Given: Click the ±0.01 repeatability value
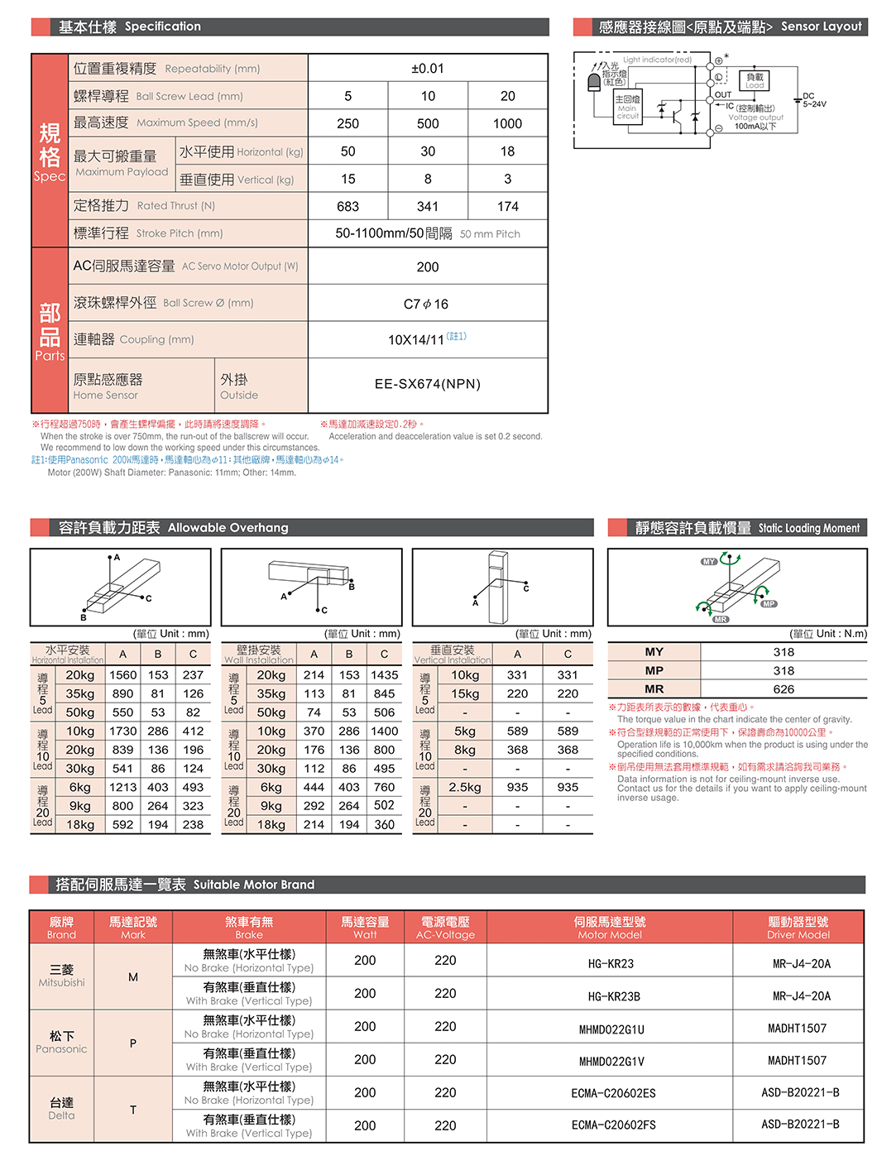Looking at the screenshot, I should [x=428, y=69].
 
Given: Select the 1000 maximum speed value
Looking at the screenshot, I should [x=507, y=124].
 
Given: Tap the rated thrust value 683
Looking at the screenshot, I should [x=348, y=207].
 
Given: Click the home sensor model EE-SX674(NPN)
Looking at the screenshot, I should [x=428, y=384].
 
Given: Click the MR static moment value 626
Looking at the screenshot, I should [x=783, y=689].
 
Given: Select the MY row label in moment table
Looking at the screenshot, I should [x=654, y=652].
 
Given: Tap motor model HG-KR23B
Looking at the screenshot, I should [x=614, y=996].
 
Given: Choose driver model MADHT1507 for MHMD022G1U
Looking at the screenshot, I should [x=797, y=1029].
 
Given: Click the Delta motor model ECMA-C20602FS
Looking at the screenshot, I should [x=613, y=1125].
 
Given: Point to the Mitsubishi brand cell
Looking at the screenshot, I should [x=62, y=976].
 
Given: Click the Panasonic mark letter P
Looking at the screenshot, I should [x=133, y=1043].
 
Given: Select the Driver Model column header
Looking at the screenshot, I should [x=798, y=928].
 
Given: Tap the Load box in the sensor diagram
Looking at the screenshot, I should [x=755, y=81].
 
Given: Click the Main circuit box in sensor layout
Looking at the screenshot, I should [x=628, y=108].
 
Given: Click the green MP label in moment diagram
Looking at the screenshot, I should [x=769, y=604].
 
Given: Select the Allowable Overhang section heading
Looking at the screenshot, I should [x=174, y=528].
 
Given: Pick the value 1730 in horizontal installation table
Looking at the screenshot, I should [x=122, y=731].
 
